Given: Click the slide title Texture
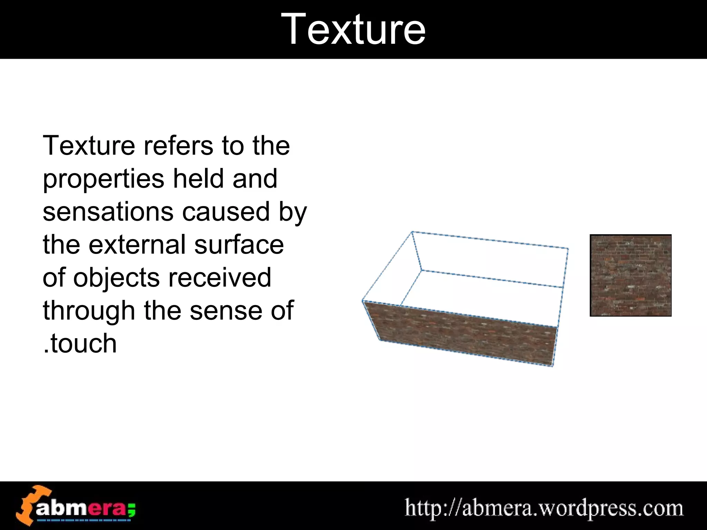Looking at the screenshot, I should (x=353, y=29).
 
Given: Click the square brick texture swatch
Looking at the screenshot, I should (x=630, y=275).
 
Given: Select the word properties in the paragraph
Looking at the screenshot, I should (x=103, y=180).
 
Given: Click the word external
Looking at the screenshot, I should (x=137, y=245).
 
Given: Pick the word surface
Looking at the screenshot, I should (x=239, y=245).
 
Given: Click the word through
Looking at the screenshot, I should (x=89, y=311).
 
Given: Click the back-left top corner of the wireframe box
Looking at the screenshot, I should (x=412, y=232).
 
